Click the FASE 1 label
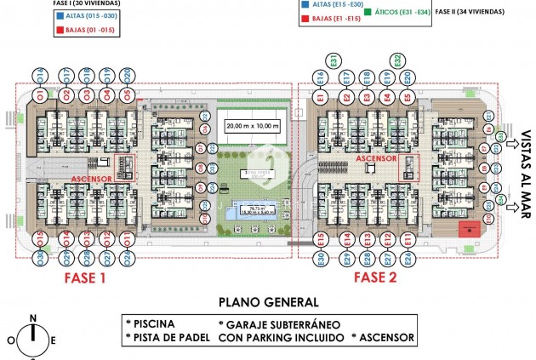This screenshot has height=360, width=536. (83, 277)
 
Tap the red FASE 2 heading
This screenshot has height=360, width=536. (375, 277)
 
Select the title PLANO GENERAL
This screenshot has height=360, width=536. (268, 301)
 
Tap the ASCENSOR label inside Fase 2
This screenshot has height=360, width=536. (375, 158)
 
